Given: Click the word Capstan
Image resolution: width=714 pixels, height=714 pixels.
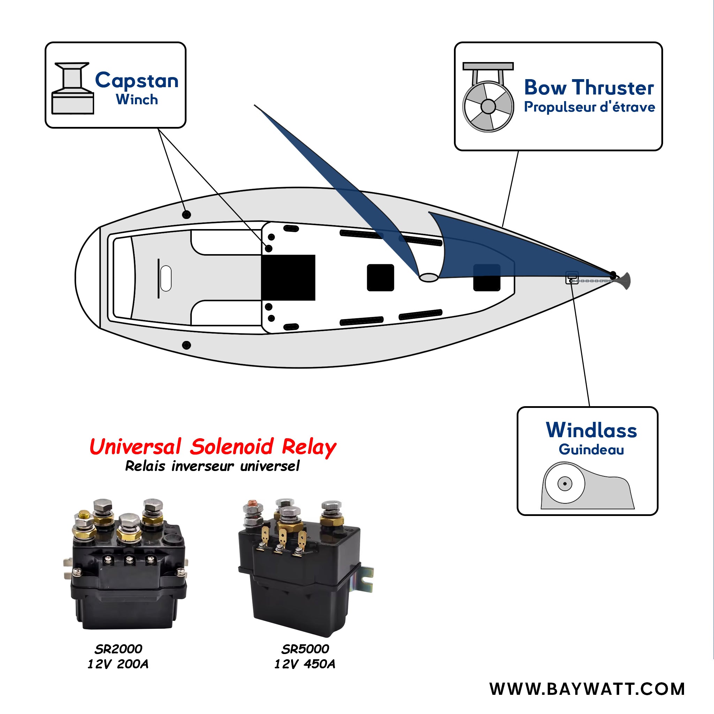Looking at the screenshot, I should click(137, 81).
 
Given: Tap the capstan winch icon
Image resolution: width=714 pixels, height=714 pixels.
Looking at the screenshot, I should click(73, 89).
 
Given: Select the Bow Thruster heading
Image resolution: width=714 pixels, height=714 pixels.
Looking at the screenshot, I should click(589, 88).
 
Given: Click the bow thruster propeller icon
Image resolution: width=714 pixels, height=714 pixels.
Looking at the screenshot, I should click(488, 106).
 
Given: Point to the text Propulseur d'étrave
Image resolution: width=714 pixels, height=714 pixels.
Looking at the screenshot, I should click(590, 107).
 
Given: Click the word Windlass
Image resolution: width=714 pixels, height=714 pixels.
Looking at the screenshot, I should click(591, 430).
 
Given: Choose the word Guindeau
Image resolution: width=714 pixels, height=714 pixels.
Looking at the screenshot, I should click(591, 450).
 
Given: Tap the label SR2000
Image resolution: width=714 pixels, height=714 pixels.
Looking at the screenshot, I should click(118, 649).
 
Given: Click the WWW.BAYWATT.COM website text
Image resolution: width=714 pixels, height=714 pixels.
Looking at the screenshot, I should click(587, 689).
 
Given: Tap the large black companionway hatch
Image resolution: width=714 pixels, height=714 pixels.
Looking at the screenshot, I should click(288, 277).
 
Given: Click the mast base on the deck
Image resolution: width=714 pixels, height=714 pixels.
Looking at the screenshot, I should click(429, 277).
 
